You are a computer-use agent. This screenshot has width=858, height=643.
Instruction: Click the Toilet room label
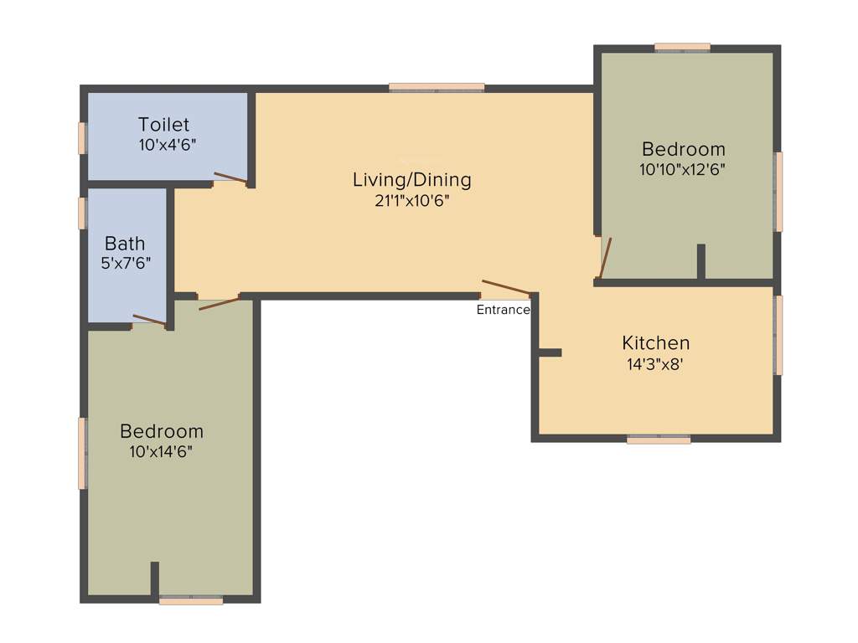point(163,126)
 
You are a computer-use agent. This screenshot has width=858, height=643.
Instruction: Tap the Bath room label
point(125,244)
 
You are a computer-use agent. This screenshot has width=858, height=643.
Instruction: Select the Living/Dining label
point(411,179)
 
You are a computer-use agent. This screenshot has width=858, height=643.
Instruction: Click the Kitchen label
point(655,342)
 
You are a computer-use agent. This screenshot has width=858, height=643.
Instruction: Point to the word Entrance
point(503,310)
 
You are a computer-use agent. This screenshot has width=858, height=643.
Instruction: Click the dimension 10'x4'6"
point(167,144)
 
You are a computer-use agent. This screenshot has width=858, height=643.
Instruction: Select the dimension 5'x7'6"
point(126,262)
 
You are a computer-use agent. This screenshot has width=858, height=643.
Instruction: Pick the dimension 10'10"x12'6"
point(682,168)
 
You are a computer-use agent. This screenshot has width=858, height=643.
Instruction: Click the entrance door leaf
point(506,288)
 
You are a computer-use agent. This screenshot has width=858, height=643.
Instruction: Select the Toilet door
point(230,177)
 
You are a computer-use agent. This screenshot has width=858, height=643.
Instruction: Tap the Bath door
point(149,320)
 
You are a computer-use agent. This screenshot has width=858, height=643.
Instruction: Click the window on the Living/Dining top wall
point(437,87)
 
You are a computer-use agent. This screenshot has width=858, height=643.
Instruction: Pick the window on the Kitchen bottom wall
point(659,438)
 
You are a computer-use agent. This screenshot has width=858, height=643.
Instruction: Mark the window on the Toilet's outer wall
point(82,138)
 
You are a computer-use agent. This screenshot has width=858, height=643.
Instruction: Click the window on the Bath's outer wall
point(82,213)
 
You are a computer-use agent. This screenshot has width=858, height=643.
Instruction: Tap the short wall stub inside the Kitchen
point(550,352)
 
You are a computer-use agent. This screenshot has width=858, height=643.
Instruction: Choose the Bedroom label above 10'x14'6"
point(162,431)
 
